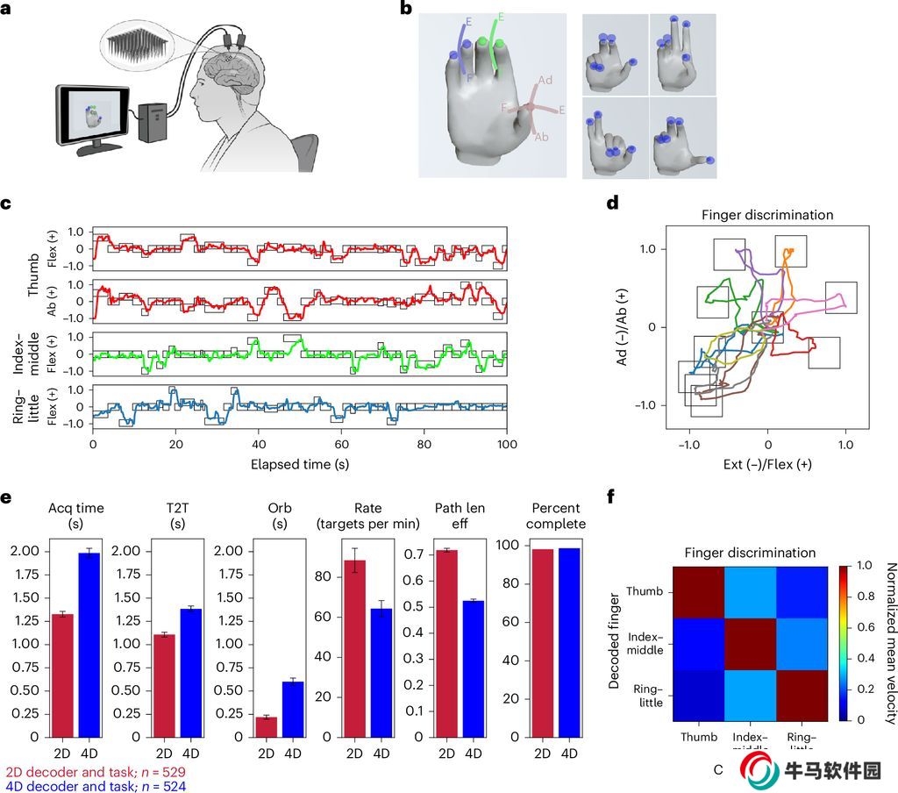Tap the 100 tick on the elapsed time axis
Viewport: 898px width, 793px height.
tap(506, 445)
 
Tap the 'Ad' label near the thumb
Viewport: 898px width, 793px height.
tap(545, 81)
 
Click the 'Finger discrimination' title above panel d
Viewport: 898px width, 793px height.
tap(766, 215)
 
